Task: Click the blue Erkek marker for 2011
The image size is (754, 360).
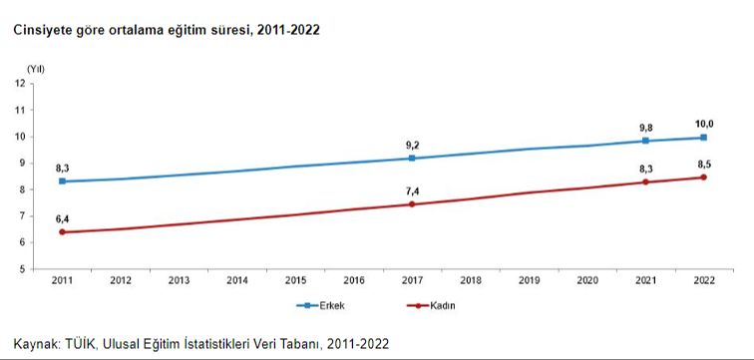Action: (63, 181)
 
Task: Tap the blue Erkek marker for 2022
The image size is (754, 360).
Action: (704, 138)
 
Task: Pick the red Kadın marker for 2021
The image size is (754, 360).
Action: (646, 182)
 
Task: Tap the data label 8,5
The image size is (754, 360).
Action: (704, 163)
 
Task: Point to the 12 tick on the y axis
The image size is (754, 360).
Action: (20, 83)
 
